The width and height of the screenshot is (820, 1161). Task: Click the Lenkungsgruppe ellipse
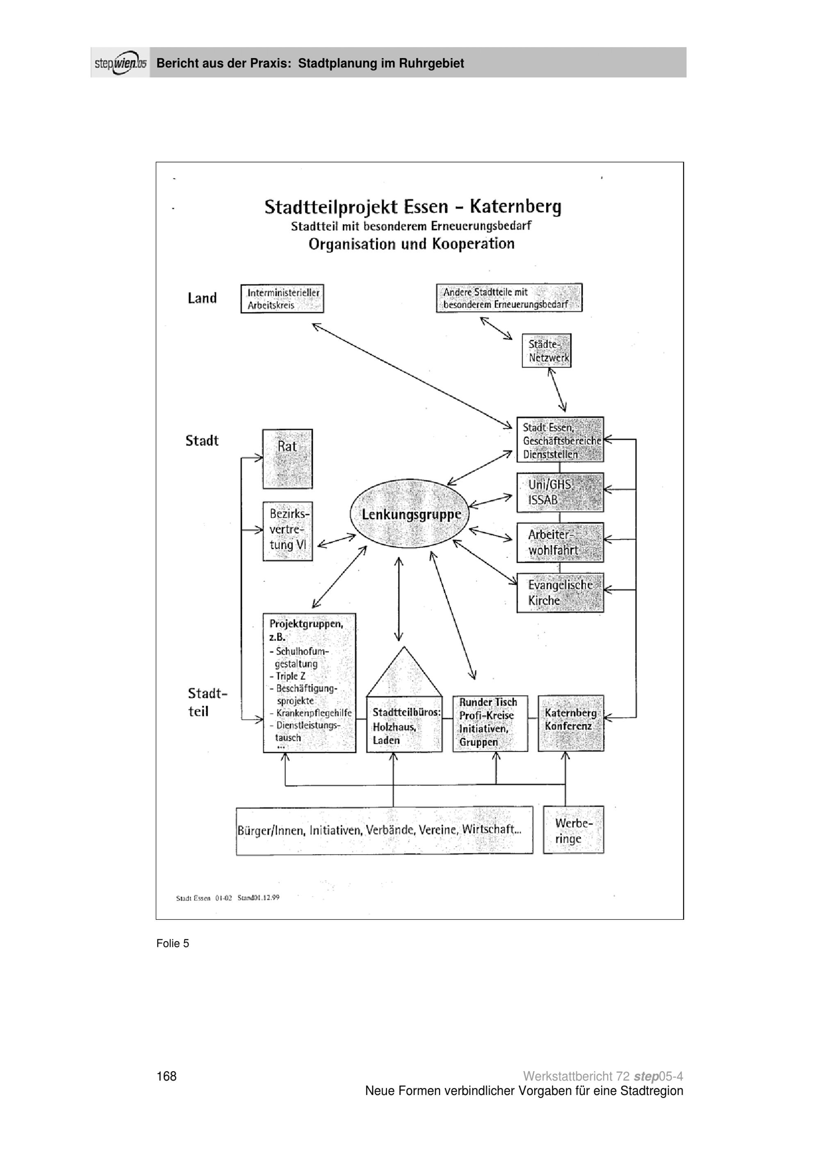tap(410, 513)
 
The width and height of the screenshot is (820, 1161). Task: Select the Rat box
tap(287, 459)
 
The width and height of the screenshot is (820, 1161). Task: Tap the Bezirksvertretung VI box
tap(287, 531)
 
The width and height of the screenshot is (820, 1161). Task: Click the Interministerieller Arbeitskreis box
tap(282, 298)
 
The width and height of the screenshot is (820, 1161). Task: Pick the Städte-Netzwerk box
tap(546, 350)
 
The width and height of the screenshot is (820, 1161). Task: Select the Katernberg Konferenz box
tap(571, 723)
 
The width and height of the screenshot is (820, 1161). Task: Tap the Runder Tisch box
tap(490, 723)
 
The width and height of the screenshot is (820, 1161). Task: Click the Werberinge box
tap(574, 830)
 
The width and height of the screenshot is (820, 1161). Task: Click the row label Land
tap(202, 298)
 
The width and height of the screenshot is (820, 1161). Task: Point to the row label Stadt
tap(202, 441)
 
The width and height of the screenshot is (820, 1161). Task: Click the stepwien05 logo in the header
tap(120, 63)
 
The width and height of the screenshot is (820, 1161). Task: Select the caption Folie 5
tap(173, 943)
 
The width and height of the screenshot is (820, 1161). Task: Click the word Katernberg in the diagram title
tap(515, 207)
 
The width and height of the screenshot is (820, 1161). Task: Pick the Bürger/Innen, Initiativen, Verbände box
tap(385, 830)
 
